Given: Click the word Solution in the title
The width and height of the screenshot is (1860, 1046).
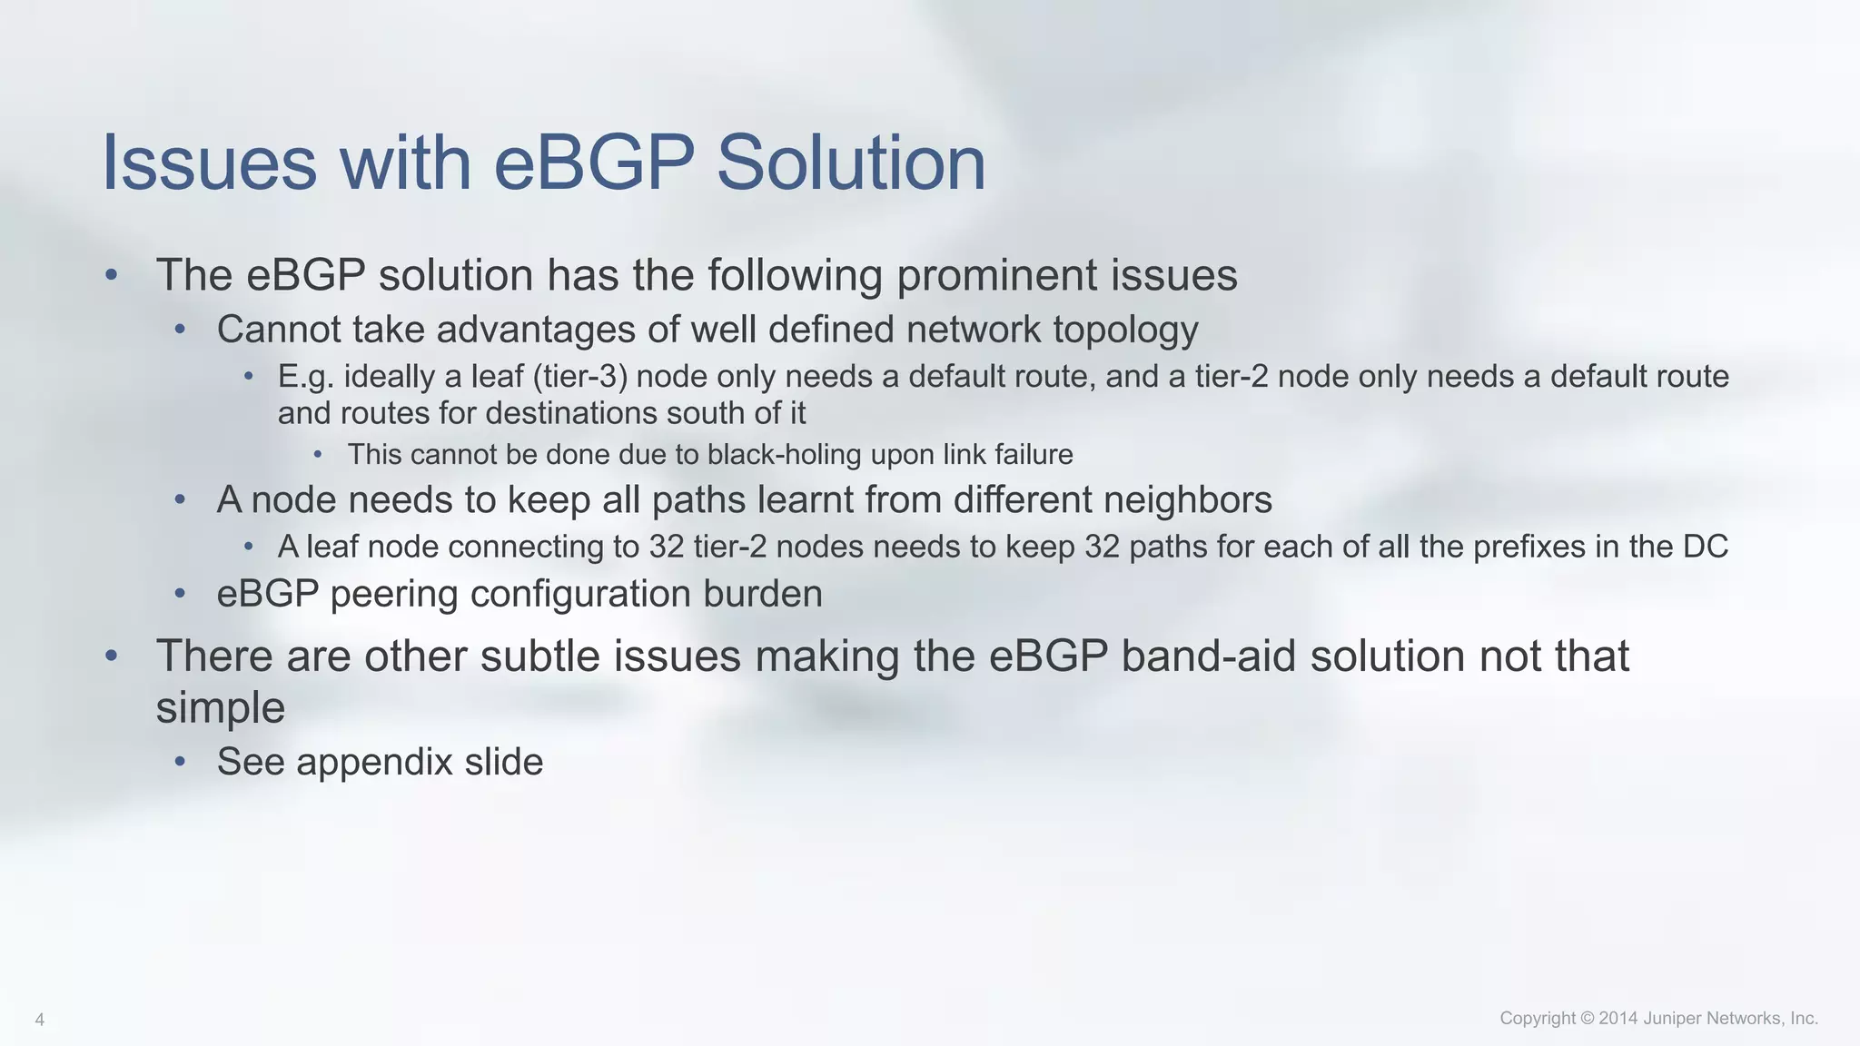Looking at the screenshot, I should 851,163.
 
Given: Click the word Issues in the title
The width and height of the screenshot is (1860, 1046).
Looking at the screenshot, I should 210,163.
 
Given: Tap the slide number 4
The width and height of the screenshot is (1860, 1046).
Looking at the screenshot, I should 39,1020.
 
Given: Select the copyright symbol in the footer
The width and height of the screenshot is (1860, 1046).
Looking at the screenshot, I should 1587,1019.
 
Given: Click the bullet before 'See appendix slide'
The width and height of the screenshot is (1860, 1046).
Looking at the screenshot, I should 180,761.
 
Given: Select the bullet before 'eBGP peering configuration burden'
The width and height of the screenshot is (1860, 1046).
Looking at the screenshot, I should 180,594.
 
